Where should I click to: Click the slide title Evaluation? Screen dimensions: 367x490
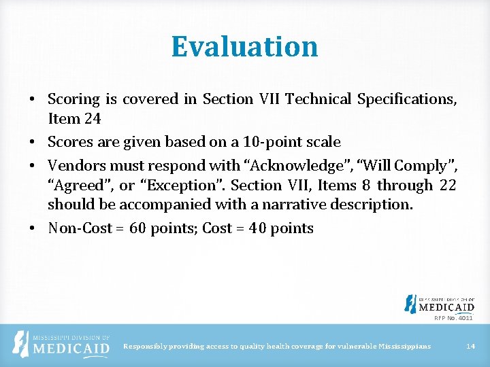[x=244, y=46]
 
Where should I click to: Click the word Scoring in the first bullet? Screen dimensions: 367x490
[x=73, y=99]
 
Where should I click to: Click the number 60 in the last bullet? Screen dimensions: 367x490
[x=137, y=228]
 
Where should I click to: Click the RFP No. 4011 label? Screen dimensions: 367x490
[x=453, y=317]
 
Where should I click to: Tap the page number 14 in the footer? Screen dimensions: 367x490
[x=470, y=347]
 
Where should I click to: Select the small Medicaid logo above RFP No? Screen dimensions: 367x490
[x=439, y=304]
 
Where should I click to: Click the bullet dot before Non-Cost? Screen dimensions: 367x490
[x=33, y=228]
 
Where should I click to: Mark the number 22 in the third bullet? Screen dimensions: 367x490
[x=446, y=185]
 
